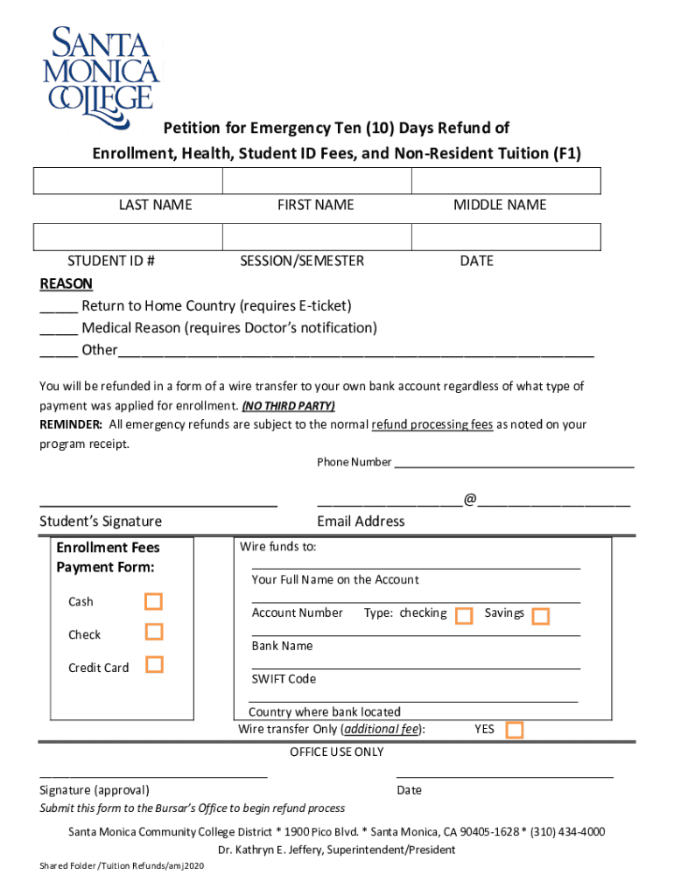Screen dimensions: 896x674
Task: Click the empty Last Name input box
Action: (x=128, y=181)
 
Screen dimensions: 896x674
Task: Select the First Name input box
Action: (x=316, y=181)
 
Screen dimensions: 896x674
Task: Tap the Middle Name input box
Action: (x=506, y=181)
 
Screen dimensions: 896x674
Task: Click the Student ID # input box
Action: (x=128, y=237)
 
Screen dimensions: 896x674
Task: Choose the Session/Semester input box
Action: (x=316, y=237)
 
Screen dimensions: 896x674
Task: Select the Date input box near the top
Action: (x=506, y=237)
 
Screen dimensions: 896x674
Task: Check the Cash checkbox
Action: (x=154, y=601)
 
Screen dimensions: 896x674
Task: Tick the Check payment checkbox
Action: (x=154, y=632)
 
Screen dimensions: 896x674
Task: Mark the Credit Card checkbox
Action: (x=154, y=664)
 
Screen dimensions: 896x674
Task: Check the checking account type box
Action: (x=465, y=616)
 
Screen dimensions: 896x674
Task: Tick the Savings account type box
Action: (x=540, y=616)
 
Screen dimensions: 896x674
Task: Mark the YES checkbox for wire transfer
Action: (x=515, y=730)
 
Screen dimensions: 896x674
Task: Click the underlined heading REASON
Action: (x=67, y=283)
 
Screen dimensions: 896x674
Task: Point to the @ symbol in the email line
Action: (x=471, y=500)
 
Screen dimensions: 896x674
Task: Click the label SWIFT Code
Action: (x=284, y=679)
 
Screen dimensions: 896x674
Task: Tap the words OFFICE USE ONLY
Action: (x=337, y=752)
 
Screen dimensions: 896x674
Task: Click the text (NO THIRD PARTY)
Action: (x=288, y=406)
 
